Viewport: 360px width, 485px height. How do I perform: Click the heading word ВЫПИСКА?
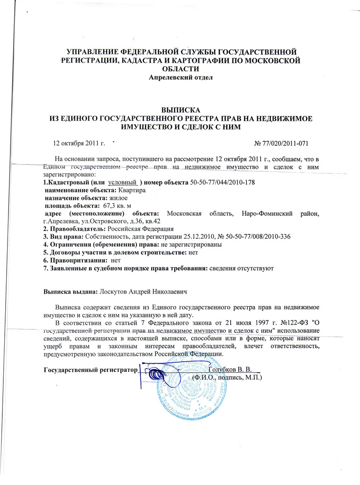[181, 109]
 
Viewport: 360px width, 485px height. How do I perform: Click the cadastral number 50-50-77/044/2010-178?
[225, 182]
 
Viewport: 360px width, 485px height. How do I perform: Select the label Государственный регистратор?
[89, 369]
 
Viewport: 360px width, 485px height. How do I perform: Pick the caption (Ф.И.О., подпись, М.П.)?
[227, 377]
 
